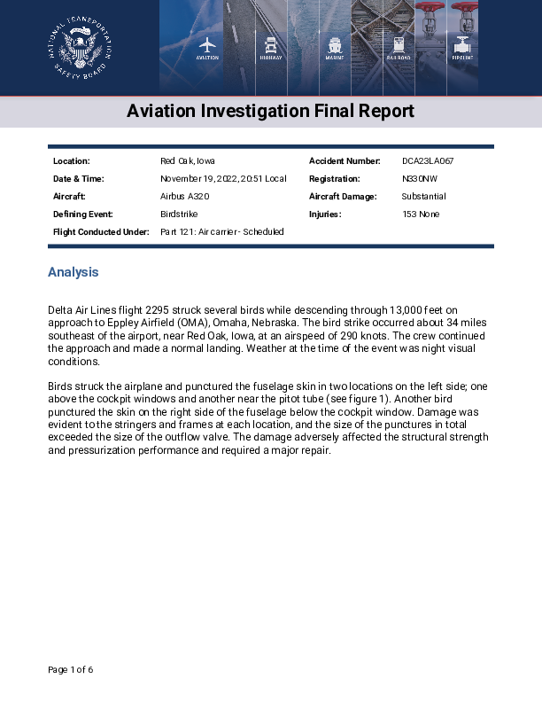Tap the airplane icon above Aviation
(x=207, y=44)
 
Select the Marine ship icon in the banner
(x=335, y=44)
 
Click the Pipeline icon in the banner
(x=462, y=44)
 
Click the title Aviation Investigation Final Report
(x=270, y=112)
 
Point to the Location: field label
(x=72, y=161)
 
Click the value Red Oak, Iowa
(x=188, y=161)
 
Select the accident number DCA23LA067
(x=428, y=161)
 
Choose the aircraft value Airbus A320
(x=184, y=197)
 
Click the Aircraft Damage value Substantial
(x=423, y=197)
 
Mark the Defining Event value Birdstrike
(x=179, y=214)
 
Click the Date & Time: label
(x=79, y=179)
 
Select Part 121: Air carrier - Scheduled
(x=222, y=232)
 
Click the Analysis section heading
(x=74, y=272)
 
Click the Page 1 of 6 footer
(x=71, y=669)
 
